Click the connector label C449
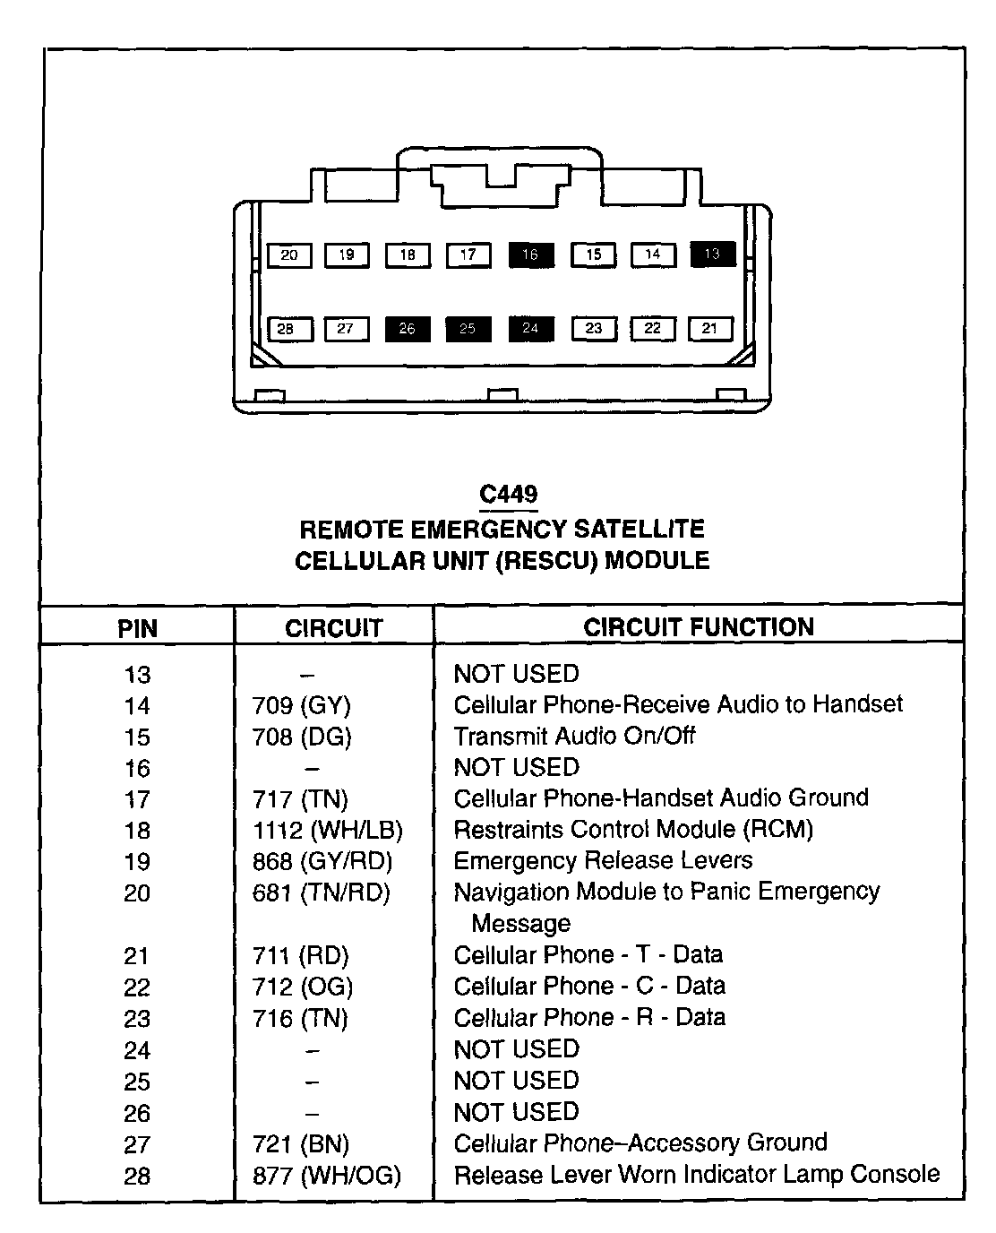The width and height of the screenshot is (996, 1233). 508,495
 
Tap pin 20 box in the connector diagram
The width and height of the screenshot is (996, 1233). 289,255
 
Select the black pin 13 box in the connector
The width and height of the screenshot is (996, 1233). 713,254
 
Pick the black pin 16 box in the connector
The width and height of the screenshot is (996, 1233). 531,255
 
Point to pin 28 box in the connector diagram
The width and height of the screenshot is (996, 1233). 286,330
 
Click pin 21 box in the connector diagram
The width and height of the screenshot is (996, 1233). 710,329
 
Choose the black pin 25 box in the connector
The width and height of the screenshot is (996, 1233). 468,329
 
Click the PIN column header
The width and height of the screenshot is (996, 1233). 137,628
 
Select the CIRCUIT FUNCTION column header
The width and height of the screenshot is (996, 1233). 699,627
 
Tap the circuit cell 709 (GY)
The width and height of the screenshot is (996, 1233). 302,706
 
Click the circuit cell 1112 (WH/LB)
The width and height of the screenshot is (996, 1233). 328,831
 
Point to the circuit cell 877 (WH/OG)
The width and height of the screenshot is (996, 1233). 327,1176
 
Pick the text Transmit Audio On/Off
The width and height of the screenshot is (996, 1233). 574,737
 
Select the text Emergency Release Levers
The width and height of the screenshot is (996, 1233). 603,861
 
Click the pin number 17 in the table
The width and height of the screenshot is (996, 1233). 137,800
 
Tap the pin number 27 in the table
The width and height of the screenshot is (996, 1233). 137,1145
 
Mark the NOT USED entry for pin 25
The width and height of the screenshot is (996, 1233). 516,1081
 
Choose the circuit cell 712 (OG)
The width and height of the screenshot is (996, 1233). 303,987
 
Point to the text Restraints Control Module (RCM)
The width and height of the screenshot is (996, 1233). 633,830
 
